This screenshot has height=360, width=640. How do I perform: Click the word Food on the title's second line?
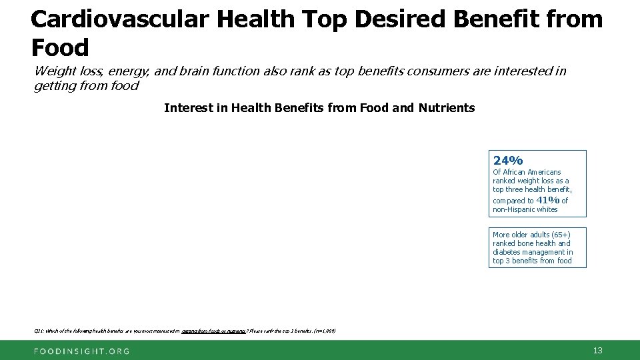pyautogui.click(x=59, y=48)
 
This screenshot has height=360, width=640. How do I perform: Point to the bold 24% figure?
pyautogui.click(x=508, y=161)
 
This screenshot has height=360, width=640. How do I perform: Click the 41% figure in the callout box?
pyautogui.click(x=547, y=200)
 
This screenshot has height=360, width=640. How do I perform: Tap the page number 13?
pyautogui.click(x=597, y=350)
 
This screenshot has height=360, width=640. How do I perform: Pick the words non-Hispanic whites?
pyautogui.click(x=525, y=209)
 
